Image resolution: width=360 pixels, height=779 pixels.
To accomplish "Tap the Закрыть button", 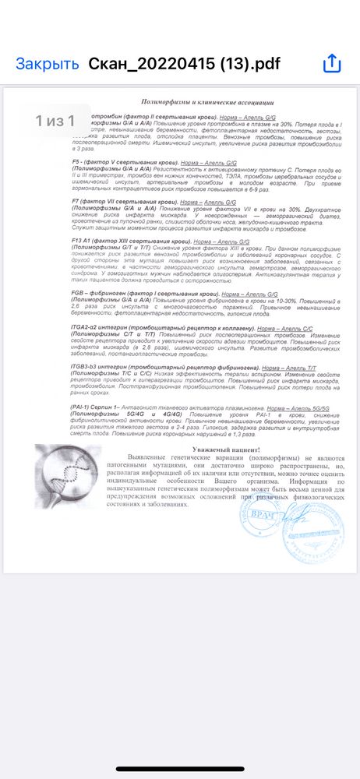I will [x=48, y=63].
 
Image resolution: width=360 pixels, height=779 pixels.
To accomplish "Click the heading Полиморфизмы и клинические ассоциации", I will [x=206, y=102].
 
